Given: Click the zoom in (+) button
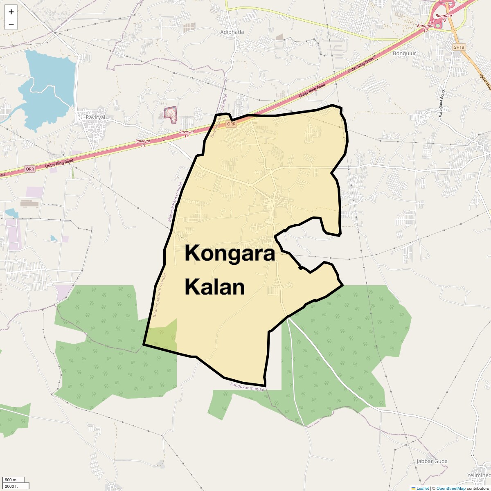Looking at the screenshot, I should coord(11,12).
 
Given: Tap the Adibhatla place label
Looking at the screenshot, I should coord(232,32).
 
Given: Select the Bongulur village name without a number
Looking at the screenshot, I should coord(404,54).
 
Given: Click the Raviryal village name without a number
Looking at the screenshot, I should coord(95,117).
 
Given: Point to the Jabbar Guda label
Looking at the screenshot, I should coord(432,461).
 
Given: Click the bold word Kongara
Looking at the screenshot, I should coord(230,253).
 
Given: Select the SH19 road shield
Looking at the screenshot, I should coord(459,47).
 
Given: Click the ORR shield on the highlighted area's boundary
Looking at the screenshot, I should coord(231,124).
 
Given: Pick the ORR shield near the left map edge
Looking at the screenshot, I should coord(30,169).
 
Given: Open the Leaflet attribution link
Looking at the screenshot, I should coord(423,488).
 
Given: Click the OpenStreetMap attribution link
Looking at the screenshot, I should coord(450,488).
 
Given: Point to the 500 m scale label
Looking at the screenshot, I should coord(11,480).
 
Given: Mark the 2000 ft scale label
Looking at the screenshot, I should coord(11,486).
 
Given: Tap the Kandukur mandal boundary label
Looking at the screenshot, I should coord(248,387).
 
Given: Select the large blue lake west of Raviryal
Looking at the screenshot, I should coord(47,88).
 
